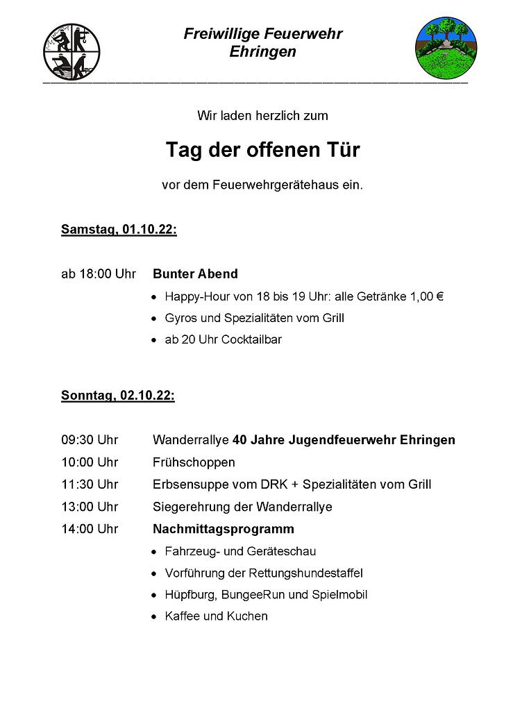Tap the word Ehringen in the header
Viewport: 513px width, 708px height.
click(x=262, y=52)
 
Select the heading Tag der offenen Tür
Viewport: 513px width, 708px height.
click(x=262, y=150)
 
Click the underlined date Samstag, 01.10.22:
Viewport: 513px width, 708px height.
click(x=119, y=230)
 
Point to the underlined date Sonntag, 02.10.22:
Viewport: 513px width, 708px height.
click(x=117, y=396)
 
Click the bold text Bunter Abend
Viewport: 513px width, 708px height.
click(x=195, y=273)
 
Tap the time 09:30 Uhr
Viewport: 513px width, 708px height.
click(x=90, y=440)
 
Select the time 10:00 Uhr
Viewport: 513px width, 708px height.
click(x=90, y=462)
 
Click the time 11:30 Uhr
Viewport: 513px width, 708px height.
click(x=90, y=484)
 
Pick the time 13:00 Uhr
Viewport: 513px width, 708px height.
click(x=90, y=507)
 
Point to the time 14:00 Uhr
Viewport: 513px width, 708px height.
click(x=90, y=529)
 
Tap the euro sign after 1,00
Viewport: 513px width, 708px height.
click(x=440, y=296)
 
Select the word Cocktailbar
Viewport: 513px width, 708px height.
click(x=251, y=340)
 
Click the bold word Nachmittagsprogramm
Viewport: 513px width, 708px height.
click(x=223, y=529)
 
